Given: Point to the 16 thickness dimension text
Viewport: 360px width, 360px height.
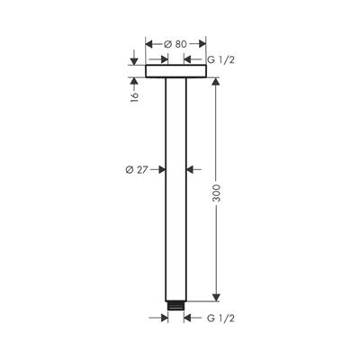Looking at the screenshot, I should pyautogui.click(x=133, y=95).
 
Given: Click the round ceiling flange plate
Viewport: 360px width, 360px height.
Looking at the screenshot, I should pyautogui.click(x=175, y=71).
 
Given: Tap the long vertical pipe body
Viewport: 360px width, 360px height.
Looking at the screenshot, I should pyautogui.click(x=175, y=189).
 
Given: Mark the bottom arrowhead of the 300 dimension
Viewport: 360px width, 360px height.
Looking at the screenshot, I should pyautogui.click(x=215, y=296).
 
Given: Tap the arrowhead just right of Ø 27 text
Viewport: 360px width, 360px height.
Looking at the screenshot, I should pyautogui.click(x=161, y=167).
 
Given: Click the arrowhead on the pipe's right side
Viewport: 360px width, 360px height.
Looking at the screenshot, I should pyautogui.click(x=191, y=167).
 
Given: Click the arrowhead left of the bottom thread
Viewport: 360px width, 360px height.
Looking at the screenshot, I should pyautogui.click(x=163, y=318).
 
